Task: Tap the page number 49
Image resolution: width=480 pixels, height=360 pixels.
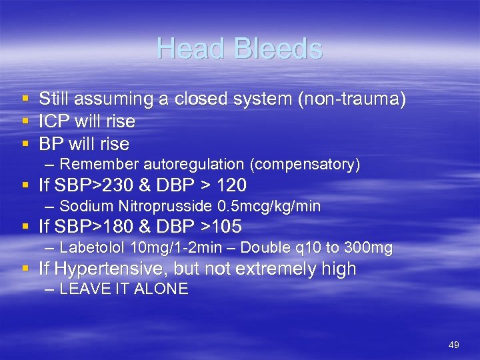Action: (x=454, y=345)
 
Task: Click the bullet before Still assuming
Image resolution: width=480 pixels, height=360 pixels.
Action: (x=25, y=99)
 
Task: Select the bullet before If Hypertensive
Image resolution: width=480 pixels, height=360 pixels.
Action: (x=25, y=269)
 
